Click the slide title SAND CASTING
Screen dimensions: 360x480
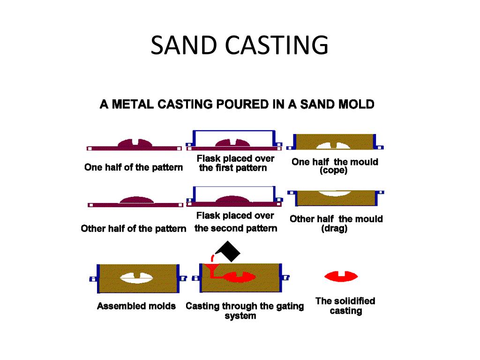click(240, 45)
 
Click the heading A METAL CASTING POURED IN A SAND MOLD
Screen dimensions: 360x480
click(237, 104)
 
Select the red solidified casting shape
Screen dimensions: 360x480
click(341, 277)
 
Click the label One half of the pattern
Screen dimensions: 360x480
click(134, 167)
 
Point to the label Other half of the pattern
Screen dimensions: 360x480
click(134, 229)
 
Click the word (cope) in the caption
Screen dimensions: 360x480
click(333, 171)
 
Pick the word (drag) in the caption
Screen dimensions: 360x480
click(334, 229)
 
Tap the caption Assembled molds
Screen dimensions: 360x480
click(136, 306)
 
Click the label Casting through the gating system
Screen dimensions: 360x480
click(245, 311)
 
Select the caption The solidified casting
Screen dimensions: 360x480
click(345, 306)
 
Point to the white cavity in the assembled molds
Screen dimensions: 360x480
click(136, 278)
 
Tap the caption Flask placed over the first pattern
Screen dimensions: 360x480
click(235, 163)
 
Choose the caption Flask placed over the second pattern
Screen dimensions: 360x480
click(235, 222)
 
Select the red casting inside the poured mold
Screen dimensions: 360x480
click(240, 277)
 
